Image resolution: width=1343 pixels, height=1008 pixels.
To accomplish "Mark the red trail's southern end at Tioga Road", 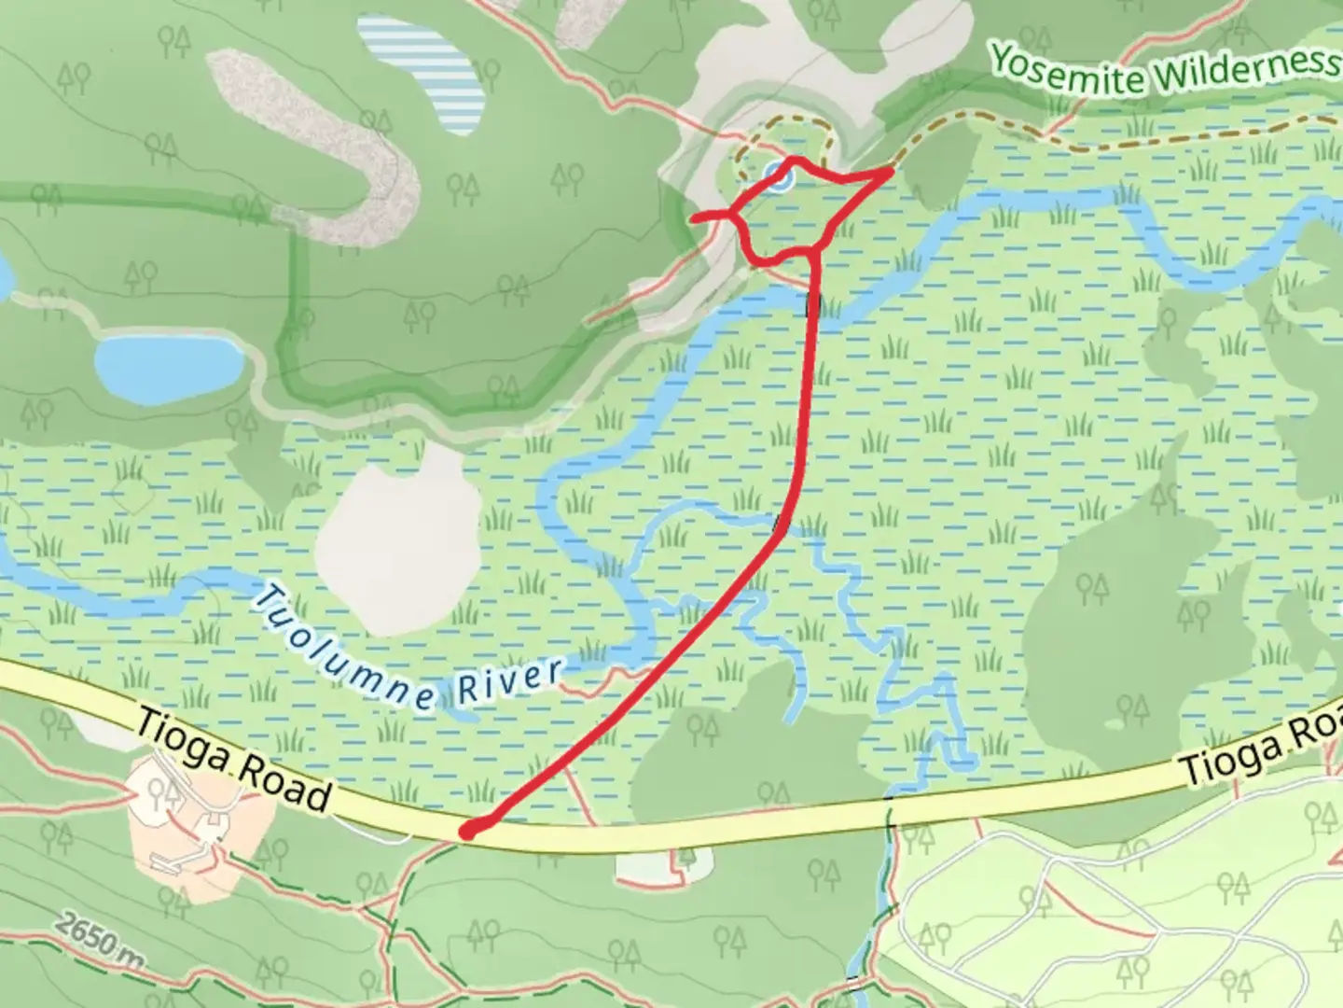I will point(468,830).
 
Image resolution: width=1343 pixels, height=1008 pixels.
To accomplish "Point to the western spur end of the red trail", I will point(693,218).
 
